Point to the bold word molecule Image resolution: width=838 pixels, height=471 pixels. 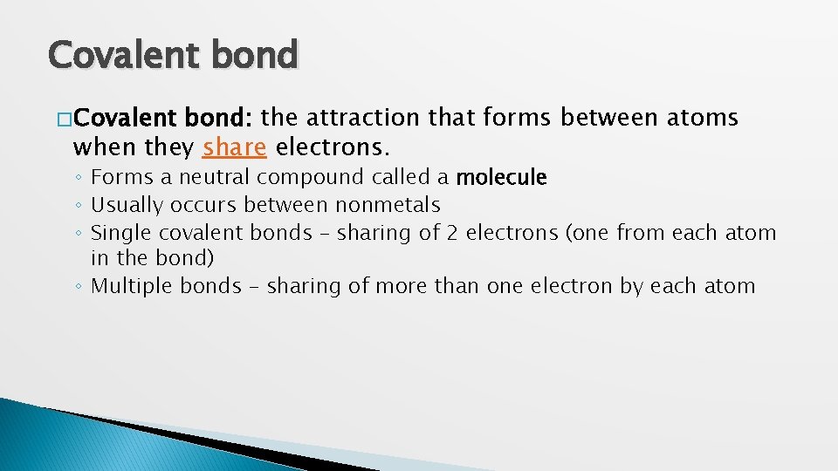coord(501,178)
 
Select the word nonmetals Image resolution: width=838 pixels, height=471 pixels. coord(388,206)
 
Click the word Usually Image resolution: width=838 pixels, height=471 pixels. coord(127,206)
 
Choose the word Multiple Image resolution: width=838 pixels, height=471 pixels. coord(133,286)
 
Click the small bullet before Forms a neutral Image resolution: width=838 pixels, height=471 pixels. coord(79,179)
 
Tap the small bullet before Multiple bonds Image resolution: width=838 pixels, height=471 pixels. coord(79,287)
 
